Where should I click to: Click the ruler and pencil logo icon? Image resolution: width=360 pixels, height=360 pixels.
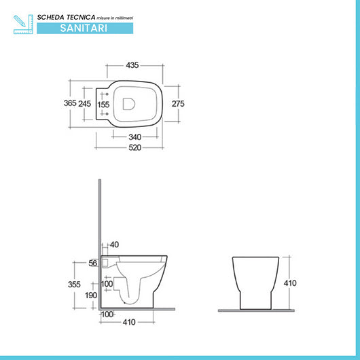coord(22,23)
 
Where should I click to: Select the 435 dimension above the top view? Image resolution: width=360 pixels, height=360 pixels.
coord(132,66)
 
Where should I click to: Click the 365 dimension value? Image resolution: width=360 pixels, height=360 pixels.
coord(65,103)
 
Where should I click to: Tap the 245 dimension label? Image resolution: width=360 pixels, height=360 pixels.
coord(85,103)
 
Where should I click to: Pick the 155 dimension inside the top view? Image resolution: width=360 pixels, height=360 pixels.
coord(103,105)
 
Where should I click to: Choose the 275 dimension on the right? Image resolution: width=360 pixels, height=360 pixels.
coord(178,103)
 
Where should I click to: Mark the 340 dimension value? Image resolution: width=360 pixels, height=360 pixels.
coord(134,137)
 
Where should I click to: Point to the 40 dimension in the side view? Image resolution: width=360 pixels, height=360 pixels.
coord(113,245)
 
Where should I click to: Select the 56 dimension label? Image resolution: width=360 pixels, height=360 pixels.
coord(93,264)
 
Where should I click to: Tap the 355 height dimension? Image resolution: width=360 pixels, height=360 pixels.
coord(75,284)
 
